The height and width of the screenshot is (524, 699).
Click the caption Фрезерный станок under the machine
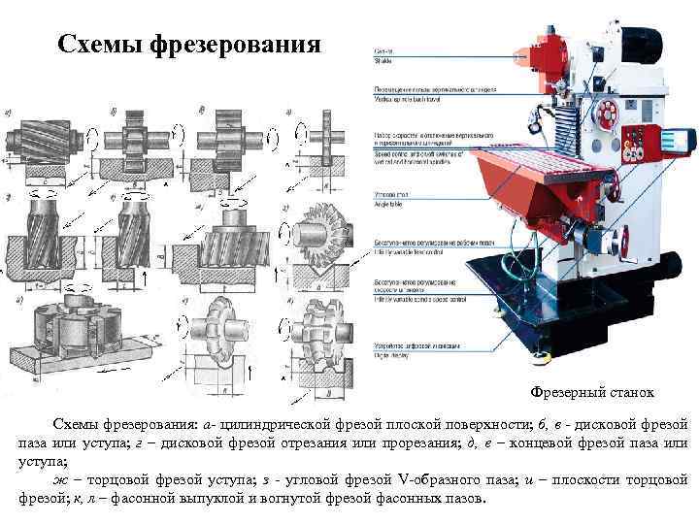(x=591, y=392)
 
